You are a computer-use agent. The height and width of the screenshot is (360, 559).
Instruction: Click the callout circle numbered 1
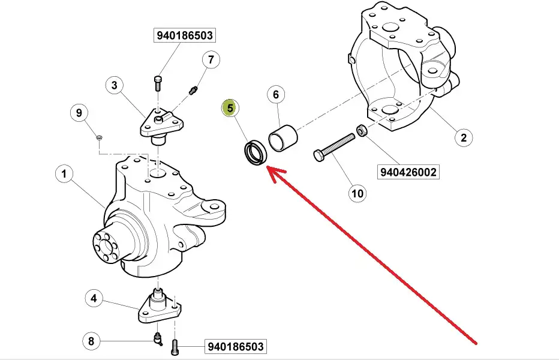(64, 175)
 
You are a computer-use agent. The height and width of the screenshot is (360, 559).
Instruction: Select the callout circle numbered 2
(462, 137)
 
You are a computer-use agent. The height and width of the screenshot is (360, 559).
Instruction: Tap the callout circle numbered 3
(114, 85)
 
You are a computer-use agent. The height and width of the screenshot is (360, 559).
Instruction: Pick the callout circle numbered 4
(94, 297)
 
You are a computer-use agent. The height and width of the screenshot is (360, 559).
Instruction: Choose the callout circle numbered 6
(275, 94)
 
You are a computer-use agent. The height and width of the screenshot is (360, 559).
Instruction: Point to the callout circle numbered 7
(211, 59)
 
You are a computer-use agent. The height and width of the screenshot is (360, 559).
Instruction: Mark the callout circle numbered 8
(91, 341)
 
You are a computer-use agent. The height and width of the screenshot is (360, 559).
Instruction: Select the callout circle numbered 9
(79, 112)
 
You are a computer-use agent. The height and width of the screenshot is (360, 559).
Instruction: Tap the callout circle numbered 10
(357, 193)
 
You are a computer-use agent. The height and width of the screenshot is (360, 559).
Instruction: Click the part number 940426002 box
(408, 172)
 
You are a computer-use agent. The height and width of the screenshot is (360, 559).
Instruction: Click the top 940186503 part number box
(185, 36)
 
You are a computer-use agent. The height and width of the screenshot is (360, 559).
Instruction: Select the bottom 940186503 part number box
(235, 347)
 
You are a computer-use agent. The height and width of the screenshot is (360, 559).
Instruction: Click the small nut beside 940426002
(362, 129)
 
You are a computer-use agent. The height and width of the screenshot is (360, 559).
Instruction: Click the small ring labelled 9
(100, 139)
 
